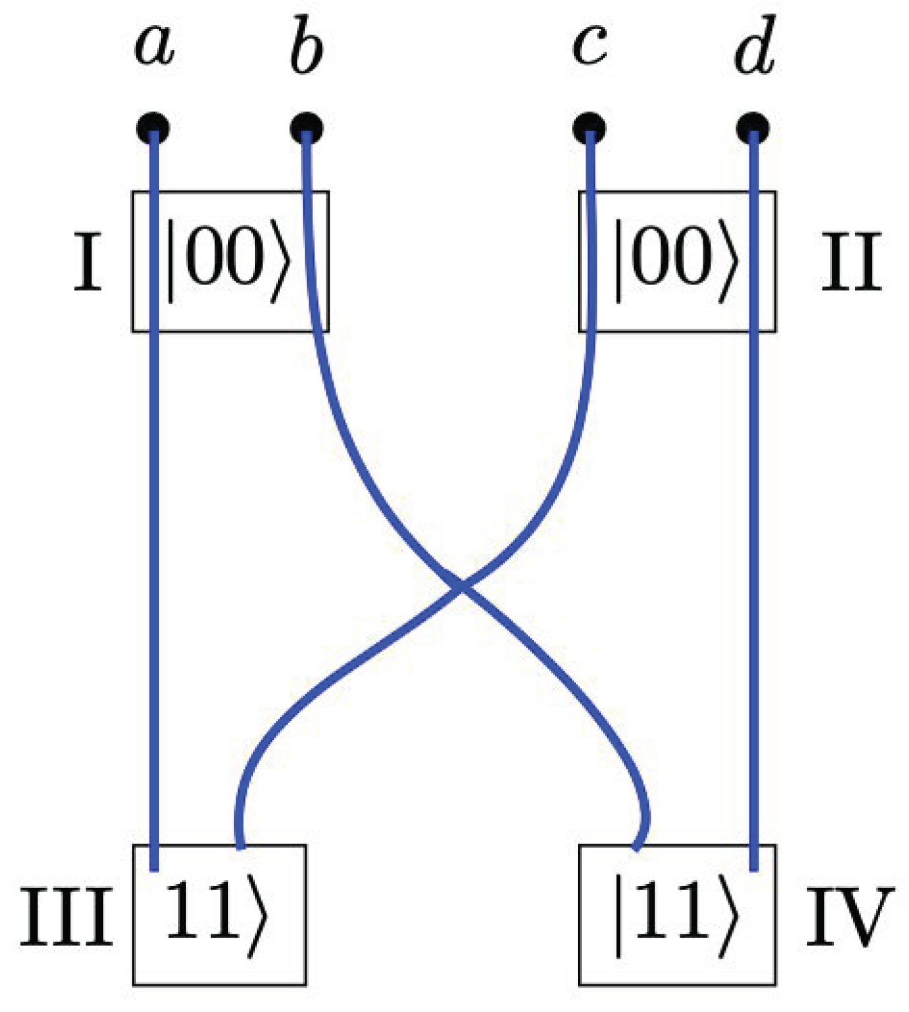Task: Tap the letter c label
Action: (590, 46)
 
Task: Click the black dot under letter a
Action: (153, 128)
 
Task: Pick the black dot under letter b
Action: (307, 128)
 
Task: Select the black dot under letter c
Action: (589, 128)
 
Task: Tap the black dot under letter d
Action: (753, 128)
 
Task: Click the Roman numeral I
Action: (88, 263)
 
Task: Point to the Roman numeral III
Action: (66, 916)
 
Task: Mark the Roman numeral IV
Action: (849, 916)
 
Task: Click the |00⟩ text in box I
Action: (227, 262)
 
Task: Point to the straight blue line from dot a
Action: (154, 527)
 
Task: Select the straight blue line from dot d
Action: (753, 527)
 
